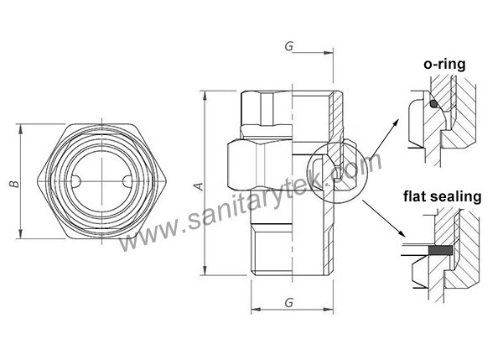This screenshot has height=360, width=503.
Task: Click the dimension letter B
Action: [x=11, y=185]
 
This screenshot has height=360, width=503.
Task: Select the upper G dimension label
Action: [x=288, y=46]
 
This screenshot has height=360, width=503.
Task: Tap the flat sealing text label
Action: [x=442, y=198]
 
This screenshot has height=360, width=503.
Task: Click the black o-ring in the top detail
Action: [x=434, y=104]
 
